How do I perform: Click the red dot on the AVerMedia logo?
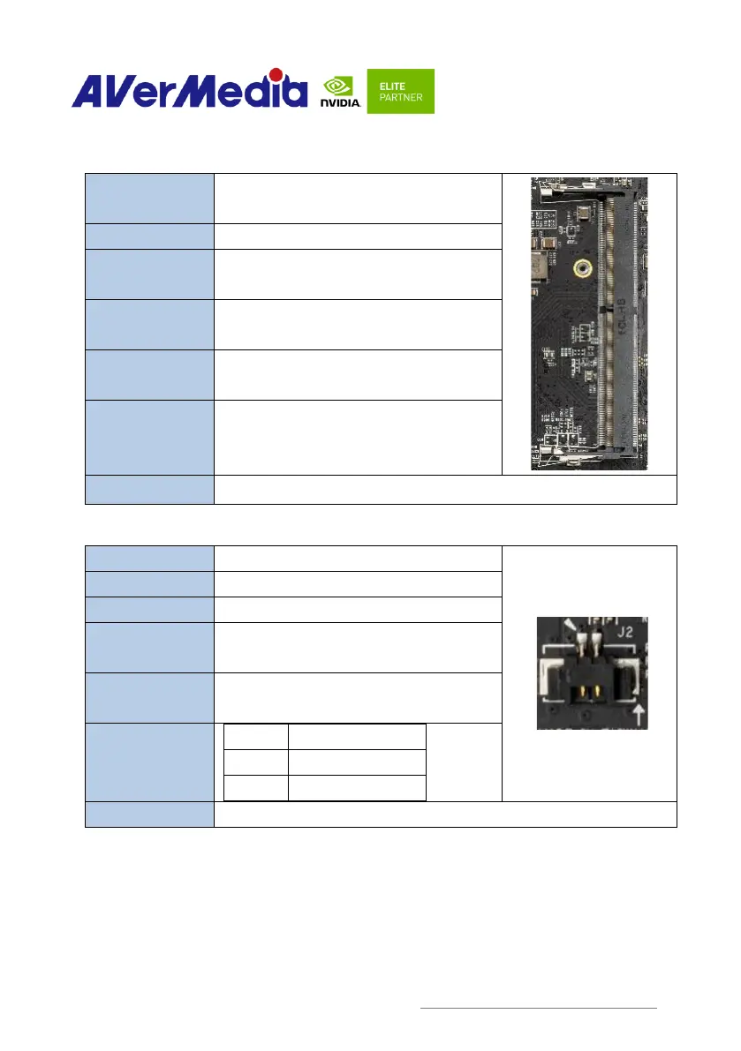pos(276,74)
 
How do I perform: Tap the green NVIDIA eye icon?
pos(339,86)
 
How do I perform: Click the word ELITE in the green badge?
pos(391,86)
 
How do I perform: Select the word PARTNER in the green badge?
pos(402,97)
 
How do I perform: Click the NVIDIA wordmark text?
pos(339,103)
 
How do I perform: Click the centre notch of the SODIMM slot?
pos(601,310)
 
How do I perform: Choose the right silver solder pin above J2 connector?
pos(596,652)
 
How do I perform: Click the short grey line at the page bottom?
pos(538,1007)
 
